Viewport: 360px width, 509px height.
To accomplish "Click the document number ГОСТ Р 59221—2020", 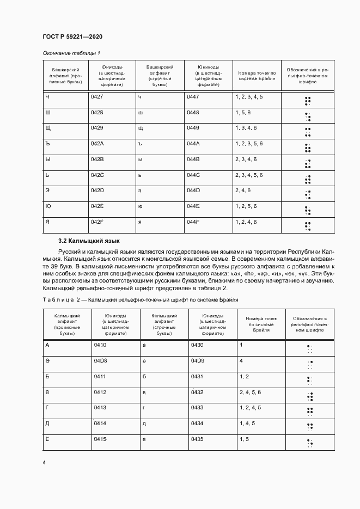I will coord(72,36).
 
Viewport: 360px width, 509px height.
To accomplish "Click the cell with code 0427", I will coord(97,96).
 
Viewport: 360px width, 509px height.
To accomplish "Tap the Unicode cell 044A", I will coord(193,143).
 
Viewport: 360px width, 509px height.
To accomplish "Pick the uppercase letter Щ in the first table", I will coord(48,127).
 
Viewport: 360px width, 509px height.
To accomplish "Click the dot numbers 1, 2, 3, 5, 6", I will coord(249,143).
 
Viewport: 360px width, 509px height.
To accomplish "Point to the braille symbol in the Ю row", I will coord(308,210).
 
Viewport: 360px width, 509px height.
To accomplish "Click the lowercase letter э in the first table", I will coord(141,190).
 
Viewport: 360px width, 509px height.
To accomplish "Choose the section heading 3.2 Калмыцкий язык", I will coord(89,241).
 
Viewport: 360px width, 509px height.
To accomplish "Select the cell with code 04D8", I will coord(100,360).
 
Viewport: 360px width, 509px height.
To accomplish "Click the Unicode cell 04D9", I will coord(197,360).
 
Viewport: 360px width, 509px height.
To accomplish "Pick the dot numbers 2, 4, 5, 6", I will coord(251,391).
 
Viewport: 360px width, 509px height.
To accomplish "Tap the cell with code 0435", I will coord(197,439).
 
